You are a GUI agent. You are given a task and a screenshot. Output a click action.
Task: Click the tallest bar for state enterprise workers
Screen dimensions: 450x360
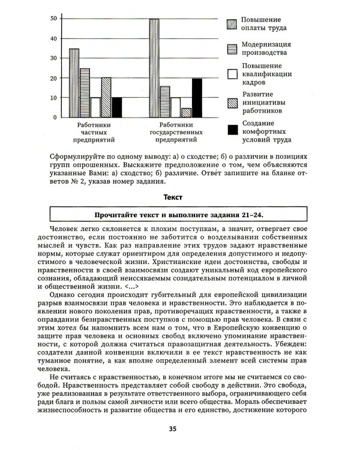click(x=154, y=68)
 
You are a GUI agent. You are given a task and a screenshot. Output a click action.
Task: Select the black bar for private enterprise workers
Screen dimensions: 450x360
click(x=116, y=107)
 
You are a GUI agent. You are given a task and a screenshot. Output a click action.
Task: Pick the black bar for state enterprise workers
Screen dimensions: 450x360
click(x=197, y=97)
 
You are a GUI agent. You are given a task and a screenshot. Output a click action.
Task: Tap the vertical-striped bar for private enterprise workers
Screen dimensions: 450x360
click(x=74, y=83)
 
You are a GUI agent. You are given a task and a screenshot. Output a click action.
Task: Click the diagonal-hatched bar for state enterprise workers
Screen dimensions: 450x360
click(x=186, y=112)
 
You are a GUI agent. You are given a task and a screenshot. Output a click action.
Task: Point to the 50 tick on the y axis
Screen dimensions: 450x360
click(x=54, y=19)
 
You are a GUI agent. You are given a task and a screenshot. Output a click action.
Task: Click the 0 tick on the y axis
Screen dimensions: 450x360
click(x=56, y=117)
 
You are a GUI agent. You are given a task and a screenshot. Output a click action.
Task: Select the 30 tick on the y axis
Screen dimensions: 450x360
click(x=54, y=58)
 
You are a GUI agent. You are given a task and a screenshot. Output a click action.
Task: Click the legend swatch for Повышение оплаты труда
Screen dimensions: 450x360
click(x=232, y=25)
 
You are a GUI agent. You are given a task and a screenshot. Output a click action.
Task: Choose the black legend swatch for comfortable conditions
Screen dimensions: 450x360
click(x=232, y=130)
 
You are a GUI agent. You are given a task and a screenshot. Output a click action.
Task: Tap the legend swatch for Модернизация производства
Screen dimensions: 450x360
click(x=232, y=49)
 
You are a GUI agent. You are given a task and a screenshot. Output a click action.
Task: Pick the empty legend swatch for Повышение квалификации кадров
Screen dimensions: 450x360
click(x=232, y=74)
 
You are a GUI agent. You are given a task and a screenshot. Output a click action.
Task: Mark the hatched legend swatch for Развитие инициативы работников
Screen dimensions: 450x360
click(x=232, y=102)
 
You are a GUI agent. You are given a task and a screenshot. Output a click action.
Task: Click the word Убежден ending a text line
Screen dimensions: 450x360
click(x=290, y=345)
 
